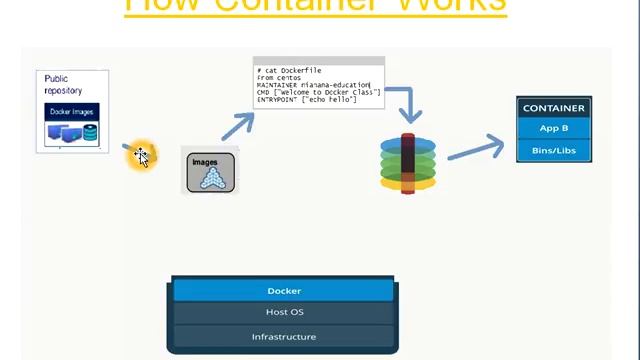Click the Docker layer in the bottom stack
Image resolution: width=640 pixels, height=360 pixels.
pos(284,291)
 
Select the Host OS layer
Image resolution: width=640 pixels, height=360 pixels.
pos(284,313)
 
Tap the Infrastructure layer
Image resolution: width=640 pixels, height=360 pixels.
pos(284,337)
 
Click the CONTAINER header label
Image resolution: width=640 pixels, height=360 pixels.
pos(554,108)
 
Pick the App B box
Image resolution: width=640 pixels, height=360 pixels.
pos(554,128)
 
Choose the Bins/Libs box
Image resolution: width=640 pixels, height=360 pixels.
pos(554,150)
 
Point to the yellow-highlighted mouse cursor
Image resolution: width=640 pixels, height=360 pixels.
pos(141,155)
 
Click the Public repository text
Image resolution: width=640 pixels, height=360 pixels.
pos(63,84)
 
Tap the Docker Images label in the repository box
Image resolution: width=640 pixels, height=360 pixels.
pos(72,111)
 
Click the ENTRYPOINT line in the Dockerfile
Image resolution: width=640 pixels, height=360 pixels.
pos(306,100)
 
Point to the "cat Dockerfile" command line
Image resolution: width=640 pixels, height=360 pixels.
pos(290,71)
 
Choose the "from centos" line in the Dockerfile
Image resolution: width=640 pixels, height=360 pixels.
pos(279,78)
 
